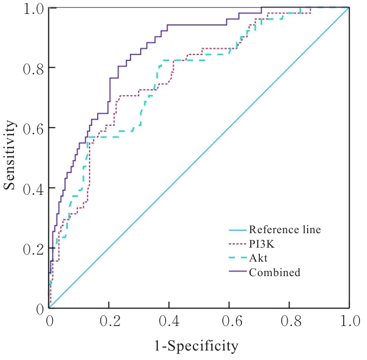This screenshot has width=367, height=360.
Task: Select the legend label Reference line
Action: [x=284, y=230]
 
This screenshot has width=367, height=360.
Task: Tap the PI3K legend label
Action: [x=262, y=244]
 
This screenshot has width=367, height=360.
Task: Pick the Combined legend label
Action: [x=274, y=273]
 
